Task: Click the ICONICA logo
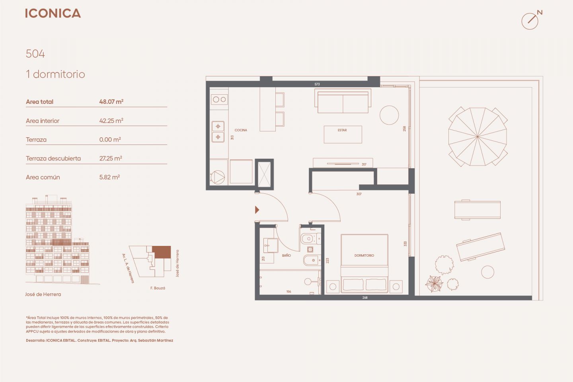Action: [x=53, y=13]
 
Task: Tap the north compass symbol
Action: [x=532, y=20]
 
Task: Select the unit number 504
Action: [x=35, y=54]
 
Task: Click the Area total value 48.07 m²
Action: [x=111, y=101]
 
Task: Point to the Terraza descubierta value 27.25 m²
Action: [x=111, y=158]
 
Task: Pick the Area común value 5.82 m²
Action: [x=109, y=177]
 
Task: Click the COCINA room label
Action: [x=241, y=130]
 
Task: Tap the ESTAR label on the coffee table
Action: [x=342, y=130]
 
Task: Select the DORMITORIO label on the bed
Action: [x=364, y=255]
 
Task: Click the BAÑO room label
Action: [x=286, y=255]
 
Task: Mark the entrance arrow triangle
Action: [x=257, y=210]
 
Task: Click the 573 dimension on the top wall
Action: [x=317, y=84]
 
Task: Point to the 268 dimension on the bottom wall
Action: [x=365, y=297]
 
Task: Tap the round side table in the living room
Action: [x=389, y=115]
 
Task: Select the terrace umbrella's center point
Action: [x=477, y=136]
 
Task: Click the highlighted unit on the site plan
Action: [x=162, y=252]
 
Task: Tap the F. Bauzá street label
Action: [x=158, y=288]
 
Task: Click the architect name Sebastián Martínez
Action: [x=156, y=340]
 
